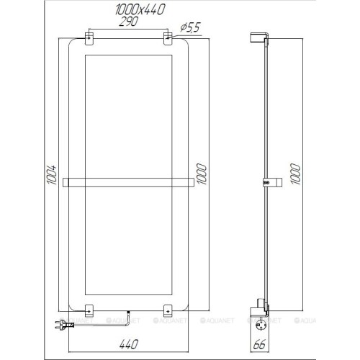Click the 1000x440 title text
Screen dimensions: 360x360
tap(140, 9)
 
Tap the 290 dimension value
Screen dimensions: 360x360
tap(129, 22)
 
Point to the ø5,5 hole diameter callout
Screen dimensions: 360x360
tap(190, 27)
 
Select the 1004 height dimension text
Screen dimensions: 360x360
tap(52, 175)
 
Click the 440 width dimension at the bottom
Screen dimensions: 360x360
tap(129, 344)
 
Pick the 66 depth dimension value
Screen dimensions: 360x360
tap(259, 345)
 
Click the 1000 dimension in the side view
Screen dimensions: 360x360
tap(295, 174)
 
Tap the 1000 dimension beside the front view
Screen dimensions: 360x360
tap(202, 174)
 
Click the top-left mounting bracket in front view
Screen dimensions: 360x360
tap(89, 38)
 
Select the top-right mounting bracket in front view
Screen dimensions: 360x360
tap(168, 38)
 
